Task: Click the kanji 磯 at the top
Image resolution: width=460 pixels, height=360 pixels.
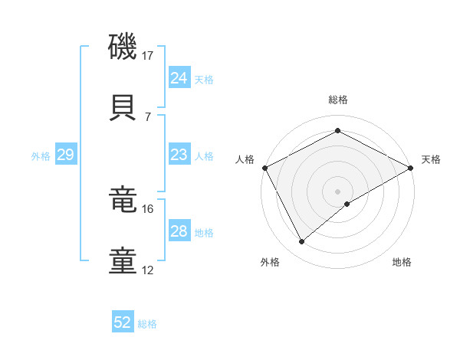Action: point(123,47)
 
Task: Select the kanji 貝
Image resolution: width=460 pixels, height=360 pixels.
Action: point(123,108)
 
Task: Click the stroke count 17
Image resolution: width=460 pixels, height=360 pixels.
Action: point(148,56)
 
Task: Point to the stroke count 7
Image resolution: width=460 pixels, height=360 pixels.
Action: point(148,116)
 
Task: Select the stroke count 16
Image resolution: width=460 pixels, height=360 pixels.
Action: point(148,209)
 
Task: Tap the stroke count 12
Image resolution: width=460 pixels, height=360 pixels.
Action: point(148,270)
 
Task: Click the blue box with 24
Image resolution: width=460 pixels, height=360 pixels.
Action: point(179,78)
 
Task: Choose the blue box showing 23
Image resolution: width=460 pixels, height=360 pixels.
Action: point(179,155)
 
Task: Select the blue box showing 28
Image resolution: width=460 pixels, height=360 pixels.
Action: point(179,232)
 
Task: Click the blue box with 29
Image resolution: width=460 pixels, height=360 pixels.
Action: point(65,155)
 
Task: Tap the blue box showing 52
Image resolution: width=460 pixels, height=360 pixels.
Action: point(123,323)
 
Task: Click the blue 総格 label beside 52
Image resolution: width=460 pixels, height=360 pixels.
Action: point(147,324)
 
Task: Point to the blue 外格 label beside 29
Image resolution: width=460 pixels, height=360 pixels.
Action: point(41,156)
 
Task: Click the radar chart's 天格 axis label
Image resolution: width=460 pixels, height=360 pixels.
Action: point(431,159)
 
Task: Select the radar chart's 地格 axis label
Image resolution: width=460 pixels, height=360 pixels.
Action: point(402,263)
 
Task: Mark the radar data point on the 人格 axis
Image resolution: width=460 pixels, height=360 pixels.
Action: point(264,167)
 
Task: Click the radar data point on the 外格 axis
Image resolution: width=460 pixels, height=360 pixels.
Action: point(302,242)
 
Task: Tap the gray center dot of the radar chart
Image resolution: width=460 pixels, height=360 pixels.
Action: point(337,191)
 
